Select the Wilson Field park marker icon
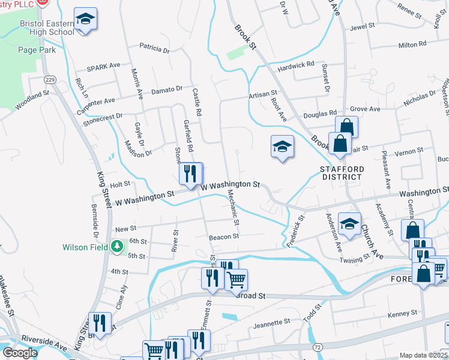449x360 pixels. pos(118,246)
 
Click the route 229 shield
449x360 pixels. pos(50,79)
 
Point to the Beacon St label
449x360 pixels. pos(224,237)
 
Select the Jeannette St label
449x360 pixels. pos(272,323)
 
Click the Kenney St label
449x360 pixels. pos(402,314)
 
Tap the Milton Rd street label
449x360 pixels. pos(412,44)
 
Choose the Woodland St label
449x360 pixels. pos(32,100)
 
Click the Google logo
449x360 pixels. pos(20,353)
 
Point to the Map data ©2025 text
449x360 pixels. pos(423,355)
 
